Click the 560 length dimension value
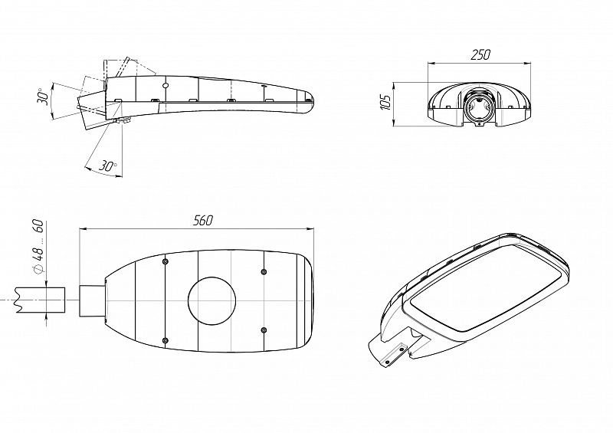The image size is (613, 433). click(x=203, y=221)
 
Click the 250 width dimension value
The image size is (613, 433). click(x=480, y=54)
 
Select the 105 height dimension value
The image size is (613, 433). click(x=386, y=103)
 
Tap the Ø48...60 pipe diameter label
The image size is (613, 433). click(x=38, y=247)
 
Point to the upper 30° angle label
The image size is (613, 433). click(x=43, y=97)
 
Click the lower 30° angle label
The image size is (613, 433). click(x=107, y=166)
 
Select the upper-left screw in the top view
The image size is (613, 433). click(x=165, y=261)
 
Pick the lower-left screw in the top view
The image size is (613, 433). click(x=165, y=340)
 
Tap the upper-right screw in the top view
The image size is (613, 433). click(x=264, y=271)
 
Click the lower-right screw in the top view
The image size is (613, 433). click(x=264, y=330)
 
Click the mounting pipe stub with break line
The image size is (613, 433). click(x=40, y=300)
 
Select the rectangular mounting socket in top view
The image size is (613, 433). click(x=93, y=300)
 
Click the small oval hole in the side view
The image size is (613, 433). click(x=165, y=85)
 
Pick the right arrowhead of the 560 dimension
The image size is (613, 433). click(x=311, y=229)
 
